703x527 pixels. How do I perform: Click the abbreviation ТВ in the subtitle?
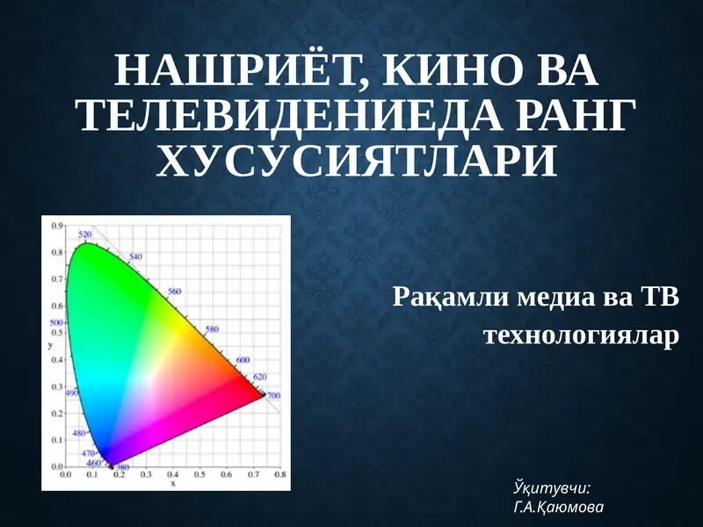coord(659,297)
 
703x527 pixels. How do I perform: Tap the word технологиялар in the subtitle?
coord(583,336)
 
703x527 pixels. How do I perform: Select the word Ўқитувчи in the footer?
coord(551,487)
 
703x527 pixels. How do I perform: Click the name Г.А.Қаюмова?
coord(557,507)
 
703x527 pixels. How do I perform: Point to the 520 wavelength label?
coord(85,235)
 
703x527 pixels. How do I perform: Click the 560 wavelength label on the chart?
coord(174,291)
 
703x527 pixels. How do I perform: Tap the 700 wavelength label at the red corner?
coord(273,396)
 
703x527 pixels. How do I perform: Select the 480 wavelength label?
coord(78,433)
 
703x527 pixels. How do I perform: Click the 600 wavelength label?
coord(243,361)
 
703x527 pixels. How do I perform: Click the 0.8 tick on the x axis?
coord(280,474)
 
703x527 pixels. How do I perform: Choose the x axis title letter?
coord(173,483)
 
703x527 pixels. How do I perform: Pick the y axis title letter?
coord(51,345)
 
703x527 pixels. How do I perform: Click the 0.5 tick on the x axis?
coord(200,474)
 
